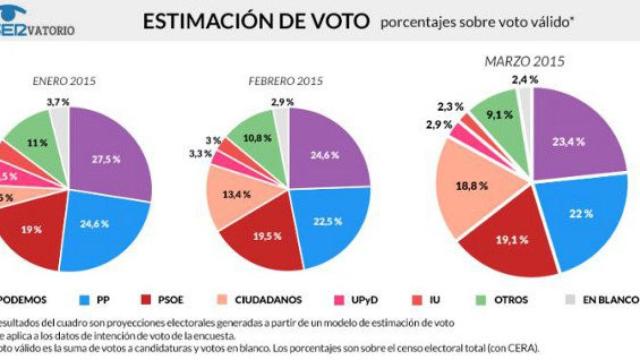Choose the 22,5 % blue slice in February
[326, 222]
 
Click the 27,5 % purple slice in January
[108, 160]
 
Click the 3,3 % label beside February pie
[199, 154]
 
